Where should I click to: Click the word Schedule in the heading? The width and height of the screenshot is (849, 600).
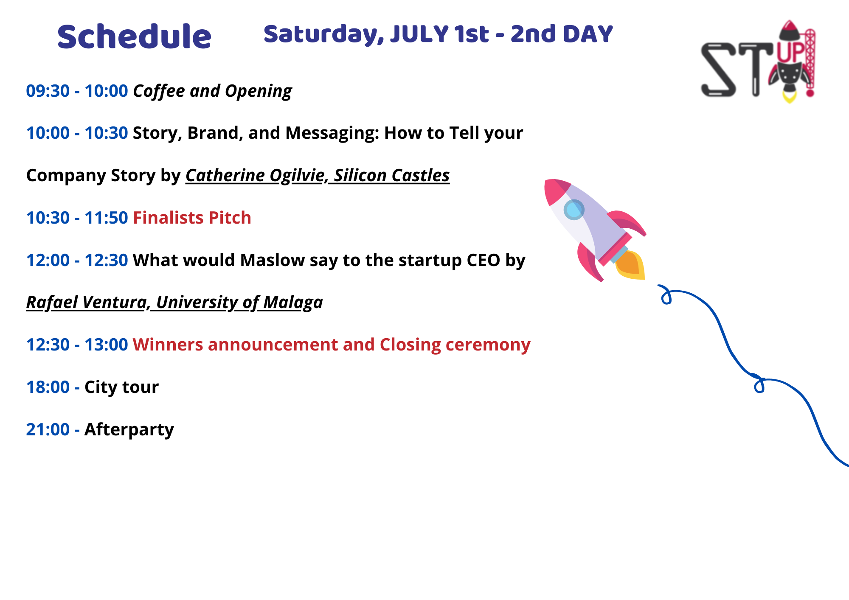(134, 36)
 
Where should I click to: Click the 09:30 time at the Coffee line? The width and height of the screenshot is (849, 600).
(48, 91)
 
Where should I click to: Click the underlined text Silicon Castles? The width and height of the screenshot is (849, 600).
(391, 175)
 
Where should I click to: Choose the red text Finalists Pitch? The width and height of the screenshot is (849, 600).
(192, 218)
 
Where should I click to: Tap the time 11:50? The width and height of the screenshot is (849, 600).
(106, 218)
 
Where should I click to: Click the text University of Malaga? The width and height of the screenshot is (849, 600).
(239, 303)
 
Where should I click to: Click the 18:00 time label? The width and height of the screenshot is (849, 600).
(48, 387)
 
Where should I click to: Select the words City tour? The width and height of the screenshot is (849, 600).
(121, 387)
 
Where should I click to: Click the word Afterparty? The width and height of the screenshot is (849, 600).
(129, 430)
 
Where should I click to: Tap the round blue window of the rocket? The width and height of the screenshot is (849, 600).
(574, 210)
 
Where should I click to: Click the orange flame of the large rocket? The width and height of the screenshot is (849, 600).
(630, 265)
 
